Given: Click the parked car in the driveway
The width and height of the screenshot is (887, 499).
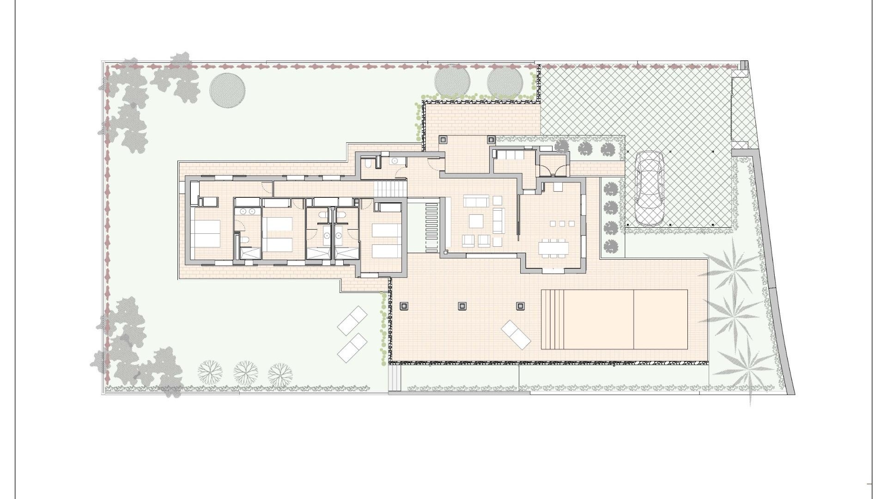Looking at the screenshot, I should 649,189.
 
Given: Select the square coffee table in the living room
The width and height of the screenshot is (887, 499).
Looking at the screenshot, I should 476,221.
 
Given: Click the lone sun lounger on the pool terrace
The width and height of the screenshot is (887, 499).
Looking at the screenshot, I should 516,334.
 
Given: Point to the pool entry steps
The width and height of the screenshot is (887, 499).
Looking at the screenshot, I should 553,319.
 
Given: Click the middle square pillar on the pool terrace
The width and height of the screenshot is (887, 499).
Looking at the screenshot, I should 462,306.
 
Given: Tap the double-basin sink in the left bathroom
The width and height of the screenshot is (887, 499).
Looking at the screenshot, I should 248,212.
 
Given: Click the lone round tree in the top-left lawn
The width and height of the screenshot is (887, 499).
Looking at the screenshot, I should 227,90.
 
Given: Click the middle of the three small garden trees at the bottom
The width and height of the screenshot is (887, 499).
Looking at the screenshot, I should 246,372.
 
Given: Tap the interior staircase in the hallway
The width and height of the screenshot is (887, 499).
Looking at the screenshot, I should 391,189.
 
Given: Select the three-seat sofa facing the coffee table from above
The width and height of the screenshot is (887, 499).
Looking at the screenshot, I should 476,201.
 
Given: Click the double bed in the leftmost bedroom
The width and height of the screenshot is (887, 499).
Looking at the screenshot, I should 206,233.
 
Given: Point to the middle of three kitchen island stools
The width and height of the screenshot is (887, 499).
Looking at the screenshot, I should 562,224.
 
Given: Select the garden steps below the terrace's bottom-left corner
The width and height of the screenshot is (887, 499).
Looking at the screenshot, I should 395,378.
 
